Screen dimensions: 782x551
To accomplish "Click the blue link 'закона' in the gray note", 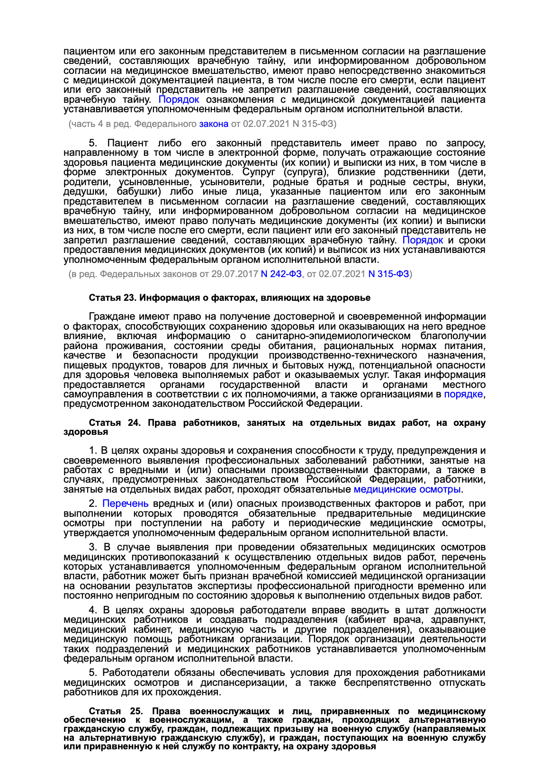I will [213, 124].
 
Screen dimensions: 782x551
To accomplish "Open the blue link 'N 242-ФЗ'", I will [281, 274].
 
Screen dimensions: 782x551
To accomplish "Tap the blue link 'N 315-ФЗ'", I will [388, 274].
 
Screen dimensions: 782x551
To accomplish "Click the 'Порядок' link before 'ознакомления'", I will [179, 99].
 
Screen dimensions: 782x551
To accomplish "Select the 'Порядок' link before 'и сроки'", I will [423, 240].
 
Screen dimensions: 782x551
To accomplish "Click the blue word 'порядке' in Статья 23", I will [463, 394].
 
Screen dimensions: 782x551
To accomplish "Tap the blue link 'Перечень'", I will [126, 503].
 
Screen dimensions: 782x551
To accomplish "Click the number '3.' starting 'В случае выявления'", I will [93, 547].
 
